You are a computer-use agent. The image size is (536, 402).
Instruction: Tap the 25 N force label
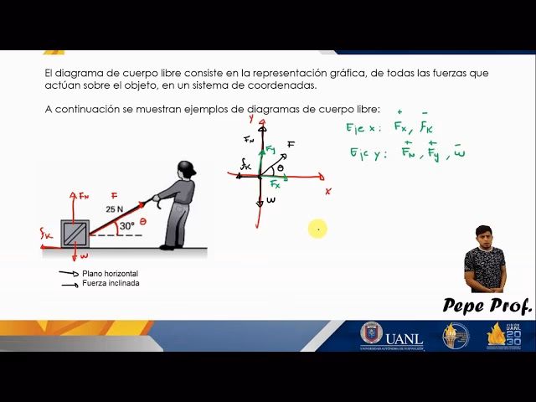point(114,209)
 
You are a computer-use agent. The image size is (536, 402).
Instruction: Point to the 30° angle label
point(126,226)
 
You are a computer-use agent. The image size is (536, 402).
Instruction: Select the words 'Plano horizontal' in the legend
point(110,274)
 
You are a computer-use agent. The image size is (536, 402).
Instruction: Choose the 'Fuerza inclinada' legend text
point(111,283)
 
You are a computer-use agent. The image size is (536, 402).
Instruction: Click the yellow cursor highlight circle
point(317,229)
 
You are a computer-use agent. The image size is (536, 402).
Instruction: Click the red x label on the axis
point(327,191)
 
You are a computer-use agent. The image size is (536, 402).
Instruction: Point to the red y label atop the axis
point(251,120)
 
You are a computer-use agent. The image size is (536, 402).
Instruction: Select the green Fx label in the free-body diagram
point(275,184)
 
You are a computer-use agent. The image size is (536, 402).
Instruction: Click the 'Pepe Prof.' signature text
point(487,306)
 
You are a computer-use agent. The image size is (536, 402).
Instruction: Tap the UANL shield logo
point(371,334)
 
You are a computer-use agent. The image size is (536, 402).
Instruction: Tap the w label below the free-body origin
point(271,201)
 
